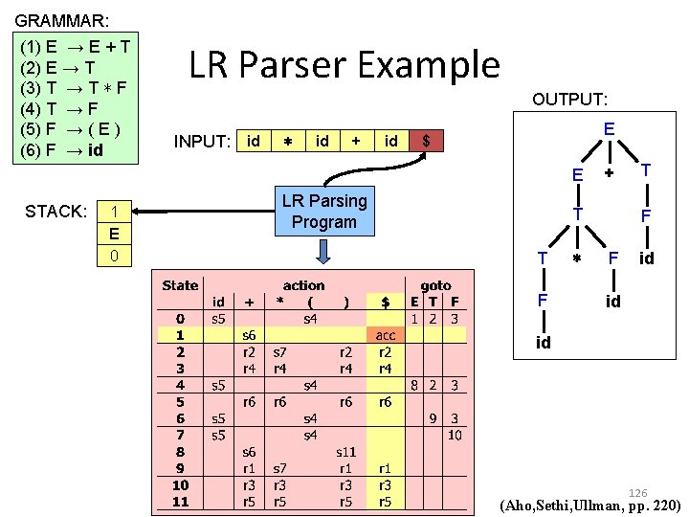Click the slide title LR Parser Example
tap(344, 65)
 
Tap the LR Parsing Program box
tap(323, 212)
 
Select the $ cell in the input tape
tap(426, 141)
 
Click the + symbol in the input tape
tap(356, 141)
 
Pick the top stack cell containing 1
tap(114, 212)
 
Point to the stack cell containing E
tap(114, 234)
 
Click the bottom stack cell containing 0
tap(114, 256)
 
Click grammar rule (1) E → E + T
tap(76, 45)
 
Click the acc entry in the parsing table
tap(385, 336)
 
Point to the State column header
tap(180, 285)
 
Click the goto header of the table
tap(435, 285)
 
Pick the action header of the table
tap(303, 285)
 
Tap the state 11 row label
tap(180, 502)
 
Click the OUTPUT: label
tap(570, 100)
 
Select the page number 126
tap(637, 492)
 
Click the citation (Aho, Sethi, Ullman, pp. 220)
tap(590, 505)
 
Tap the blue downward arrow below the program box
tap(323, 251)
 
